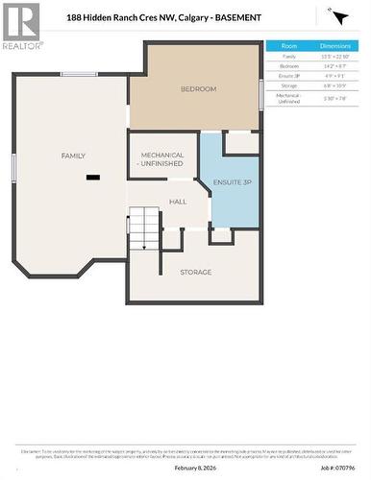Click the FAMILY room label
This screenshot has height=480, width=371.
coord(73,156)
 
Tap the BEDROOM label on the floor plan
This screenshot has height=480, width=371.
coord(198,89)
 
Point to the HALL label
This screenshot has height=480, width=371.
coord(178,202)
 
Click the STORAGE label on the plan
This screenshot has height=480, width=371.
coord(195,273)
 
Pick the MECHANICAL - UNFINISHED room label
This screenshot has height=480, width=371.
coord(162,158)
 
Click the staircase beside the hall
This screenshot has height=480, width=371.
coord(143,227)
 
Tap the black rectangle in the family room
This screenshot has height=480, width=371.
coord(92,177)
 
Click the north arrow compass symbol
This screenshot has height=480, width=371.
coord(338,16)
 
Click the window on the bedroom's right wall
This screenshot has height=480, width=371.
coord(261,94)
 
